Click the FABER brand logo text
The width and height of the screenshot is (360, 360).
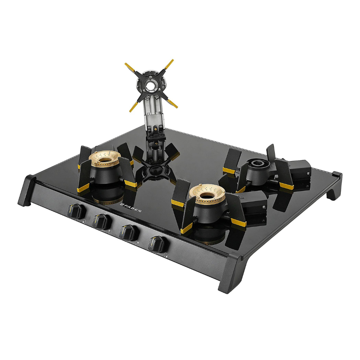coord(131,208)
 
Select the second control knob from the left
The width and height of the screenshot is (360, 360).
coord(102,221)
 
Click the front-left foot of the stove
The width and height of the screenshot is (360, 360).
coord(26,191)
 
